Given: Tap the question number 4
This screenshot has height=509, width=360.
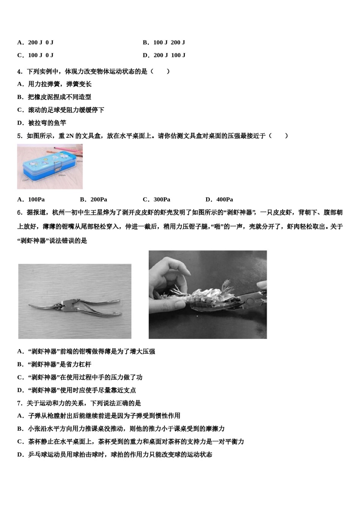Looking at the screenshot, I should pos(20,72).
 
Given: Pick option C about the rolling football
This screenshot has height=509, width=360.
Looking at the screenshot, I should pos(61,110).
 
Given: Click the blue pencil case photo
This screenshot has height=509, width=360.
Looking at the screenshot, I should pos(50,166).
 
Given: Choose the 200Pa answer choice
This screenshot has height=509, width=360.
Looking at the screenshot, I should pos(94,200).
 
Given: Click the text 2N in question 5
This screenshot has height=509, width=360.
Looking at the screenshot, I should pos(70,136).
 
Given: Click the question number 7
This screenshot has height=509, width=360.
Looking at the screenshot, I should pos(20,403).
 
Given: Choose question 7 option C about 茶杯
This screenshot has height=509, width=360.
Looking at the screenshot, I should pos(131,442).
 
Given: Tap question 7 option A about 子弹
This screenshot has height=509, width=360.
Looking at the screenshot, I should pos(99,416).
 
